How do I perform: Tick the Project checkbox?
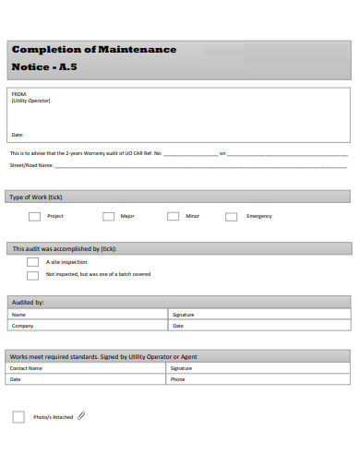tap(34, 216)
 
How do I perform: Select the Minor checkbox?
tap(173, 216)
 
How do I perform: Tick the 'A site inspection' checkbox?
tap(33, 262)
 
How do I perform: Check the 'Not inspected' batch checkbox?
tap(33, 274)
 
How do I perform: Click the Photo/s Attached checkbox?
tap(18, 417)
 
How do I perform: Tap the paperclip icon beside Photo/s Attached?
tap(81, 416)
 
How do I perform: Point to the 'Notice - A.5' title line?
tap(44, 67)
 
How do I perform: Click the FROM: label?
tap(19, 94)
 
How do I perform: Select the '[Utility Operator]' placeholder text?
tap(30, 102)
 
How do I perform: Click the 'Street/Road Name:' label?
tap(31, 166)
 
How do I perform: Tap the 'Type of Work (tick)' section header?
tap(35, 197)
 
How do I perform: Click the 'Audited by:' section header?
tap(27, 302)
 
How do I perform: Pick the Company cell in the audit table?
tap(23, 325)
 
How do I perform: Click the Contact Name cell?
tap(27, 367)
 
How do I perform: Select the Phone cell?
tap(178, 378)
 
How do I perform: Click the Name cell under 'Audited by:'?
tap(18, 314)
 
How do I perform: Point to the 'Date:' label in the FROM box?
tap(18, 135)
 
